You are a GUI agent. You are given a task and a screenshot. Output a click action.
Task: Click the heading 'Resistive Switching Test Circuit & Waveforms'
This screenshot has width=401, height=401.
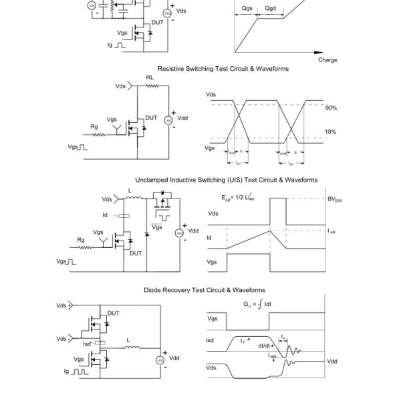[223, 69]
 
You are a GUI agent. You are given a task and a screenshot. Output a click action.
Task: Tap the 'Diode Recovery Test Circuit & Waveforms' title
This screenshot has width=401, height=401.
[205, 290]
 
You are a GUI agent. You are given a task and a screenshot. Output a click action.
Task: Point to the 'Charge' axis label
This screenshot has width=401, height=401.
[327, 59]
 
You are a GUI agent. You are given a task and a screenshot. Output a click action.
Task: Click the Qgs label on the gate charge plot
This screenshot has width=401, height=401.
[247, 9]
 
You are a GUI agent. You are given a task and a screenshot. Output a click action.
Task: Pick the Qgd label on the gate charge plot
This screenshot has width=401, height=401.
[270, 9]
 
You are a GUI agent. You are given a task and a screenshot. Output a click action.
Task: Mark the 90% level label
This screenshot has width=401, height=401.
[331, 108]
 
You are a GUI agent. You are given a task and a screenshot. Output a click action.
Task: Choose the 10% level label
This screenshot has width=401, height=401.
[331, 132]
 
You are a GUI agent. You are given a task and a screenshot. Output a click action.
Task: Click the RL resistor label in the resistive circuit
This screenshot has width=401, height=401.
[150, 78]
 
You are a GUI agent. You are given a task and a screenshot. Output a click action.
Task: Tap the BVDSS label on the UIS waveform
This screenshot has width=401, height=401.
[334, 199]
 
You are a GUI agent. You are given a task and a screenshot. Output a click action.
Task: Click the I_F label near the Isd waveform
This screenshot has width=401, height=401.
[244, 341]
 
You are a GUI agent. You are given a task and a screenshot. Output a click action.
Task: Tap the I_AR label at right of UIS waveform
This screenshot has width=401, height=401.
[331, 231]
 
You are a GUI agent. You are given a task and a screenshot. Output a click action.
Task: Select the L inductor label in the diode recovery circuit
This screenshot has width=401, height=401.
[128, 340]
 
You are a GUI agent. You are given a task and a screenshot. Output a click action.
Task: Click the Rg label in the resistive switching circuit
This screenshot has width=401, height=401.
[94, 126]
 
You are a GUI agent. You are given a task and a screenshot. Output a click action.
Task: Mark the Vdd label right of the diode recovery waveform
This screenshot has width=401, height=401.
[332, 361]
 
